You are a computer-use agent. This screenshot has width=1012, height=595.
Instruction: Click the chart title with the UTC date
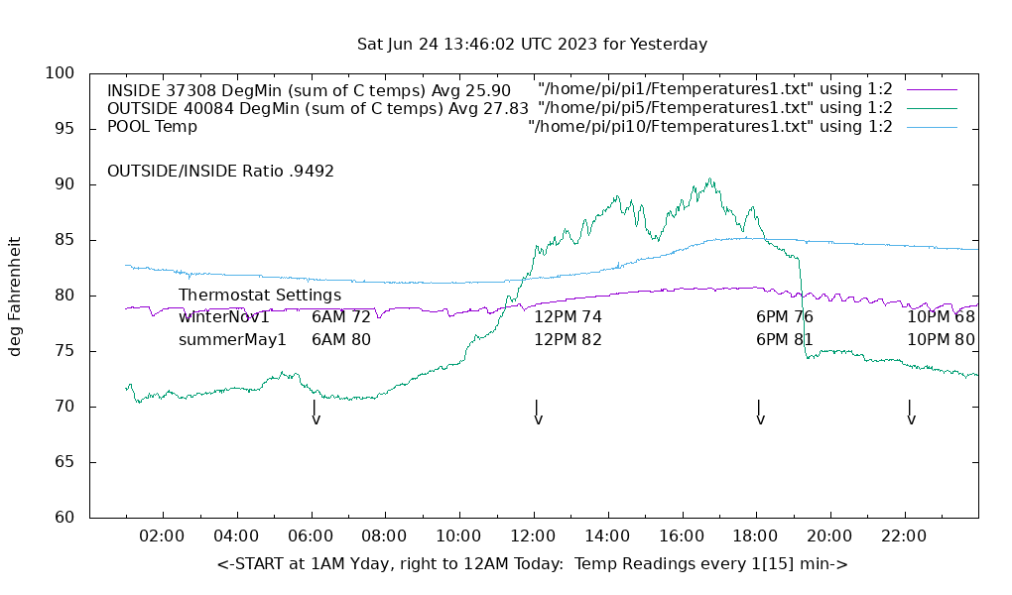532,45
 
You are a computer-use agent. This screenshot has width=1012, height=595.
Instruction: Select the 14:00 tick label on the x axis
606,536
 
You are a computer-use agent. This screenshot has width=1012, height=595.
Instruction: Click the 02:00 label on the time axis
161,536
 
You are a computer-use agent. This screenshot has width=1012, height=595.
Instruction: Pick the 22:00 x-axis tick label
904,536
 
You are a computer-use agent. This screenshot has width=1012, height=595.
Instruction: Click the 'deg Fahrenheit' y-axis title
16,296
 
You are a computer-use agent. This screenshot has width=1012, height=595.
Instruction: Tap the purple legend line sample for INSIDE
931,89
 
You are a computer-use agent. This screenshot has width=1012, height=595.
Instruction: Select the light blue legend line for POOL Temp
931,127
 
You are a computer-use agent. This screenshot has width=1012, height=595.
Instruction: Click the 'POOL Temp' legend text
152,127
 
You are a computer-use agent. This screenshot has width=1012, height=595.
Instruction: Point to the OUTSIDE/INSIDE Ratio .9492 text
220,172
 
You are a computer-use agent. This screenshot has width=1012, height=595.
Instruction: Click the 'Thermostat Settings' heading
260,296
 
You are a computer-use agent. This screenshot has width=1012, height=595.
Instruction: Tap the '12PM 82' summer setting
569,340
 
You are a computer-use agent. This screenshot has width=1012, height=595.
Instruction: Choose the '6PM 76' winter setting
785,317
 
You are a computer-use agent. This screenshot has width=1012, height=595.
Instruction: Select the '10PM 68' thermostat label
941,317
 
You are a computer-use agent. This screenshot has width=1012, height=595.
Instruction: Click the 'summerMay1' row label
232,340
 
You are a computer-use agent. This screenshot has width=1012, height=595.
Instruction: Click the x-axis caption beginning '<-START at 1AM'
532,564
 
